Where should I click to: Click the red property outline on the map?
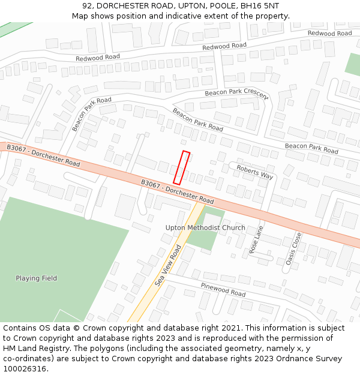tap(181, 167)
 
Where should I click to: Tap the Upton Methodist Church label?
tap(205, 228)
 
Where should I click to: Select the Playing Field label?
tap(37, 278)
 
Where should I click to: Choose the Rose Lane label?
tap(257, 240)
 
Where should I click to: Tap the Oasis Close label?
tap(293, 250)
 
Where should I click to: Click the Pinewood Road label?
tap(223, 290)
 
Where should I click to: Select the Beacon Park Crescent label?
tap(236, 94)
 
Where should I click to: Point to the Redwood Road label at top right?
tap(329, 34)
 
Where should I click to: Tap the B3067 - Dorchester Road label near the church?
tap(178, 191)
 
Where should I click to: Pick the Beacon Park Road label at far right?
tap(311, 147)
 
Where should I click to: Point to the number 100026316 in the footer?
tap(25, 368)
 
